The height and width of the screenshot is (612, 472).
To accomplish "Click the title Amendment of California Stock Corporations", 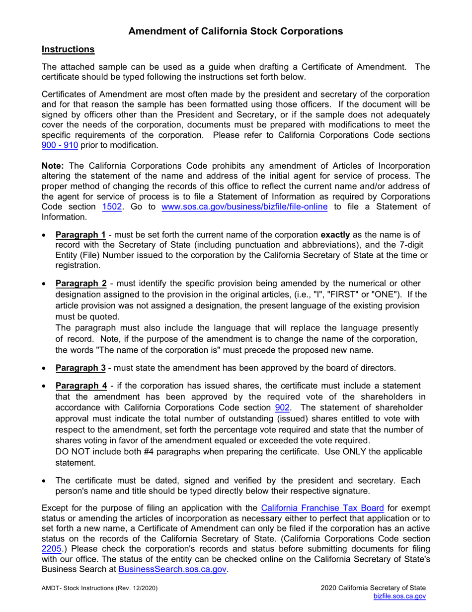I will (236, 31).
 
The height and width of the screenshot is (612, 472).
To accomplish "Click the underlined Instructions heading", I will (68, 49).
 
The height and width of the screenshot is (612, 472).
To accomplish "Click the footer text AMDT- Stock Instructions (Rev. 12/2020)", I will (100, 588).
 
